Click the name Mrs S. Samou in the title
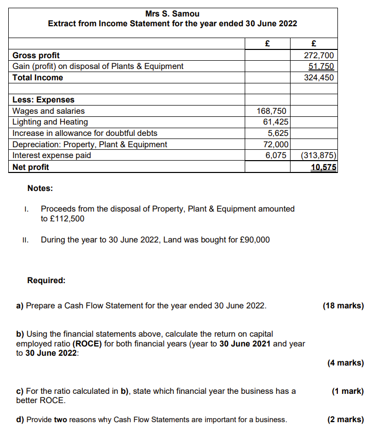tap(173, 13)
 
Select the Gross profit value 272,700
tap(319, 55)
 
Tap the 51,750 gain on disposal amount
tap(321, 66)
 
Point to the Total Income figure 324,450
tap(319, 78)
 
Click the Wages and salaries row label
tap(48, 111)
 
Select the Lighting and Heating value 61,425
tap(274, 122)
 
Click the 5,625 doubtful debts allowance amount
tap(277, 133)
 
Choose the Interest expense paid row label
tap(52, 155)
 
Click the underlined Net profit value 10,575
tap(322, 167)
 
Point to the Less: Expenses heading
tap(43, 100)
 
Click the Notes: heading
tap(40, 188)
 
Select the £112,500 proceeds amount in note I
tap(67, 218)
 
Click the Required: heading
tap(46, 281)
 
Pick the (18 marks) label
tap(343, 306)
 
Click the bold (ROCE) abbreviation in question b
tap(87, 343)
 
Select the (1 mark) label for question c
tap(348, 391)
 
